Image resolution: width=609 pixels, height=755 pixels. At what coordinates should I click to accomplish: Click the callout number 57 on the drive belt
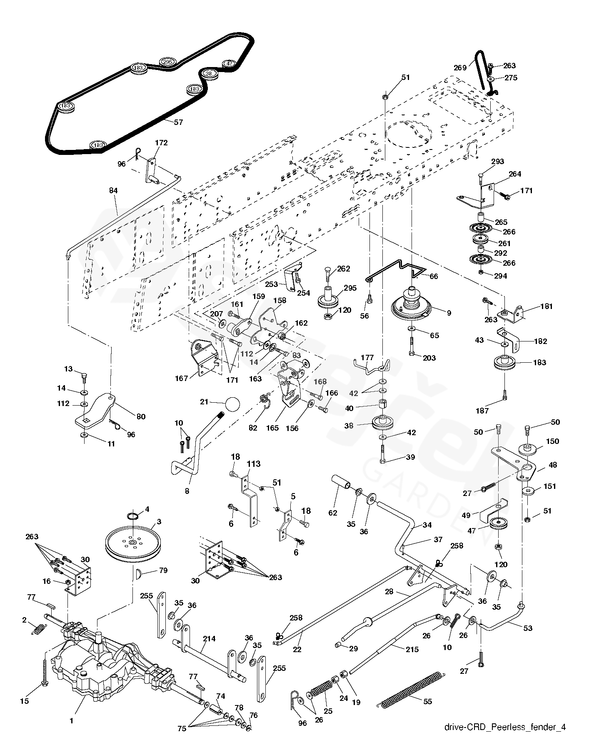[178, 122]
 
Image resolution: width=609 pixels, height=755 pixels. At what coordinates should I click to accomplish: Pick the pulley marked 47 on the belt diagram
[229, 64]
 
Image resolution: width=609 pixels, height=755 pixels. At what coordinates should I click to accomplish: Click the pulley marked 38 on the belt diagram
[209, 73]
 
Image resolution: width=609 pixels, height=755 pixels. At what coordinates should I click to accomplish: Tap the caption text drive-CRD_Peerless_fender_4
[504, 739]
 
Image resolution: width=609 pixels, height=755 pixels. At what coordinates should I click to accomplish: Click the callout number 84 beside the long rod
[113, 190]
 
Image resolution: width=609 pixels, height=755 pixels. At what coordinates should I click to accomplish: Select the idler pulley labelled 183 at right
[504, 363]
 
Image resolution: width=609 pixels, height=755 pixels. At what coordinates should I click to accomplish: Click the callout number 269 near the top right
[460, 67]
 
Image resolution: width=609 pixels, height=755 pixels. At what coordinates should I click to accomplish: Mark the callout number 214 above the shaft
[209, 639]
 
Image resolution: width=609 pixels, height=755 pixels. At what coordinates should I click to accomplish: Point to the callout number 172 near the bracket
[161, 142]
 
